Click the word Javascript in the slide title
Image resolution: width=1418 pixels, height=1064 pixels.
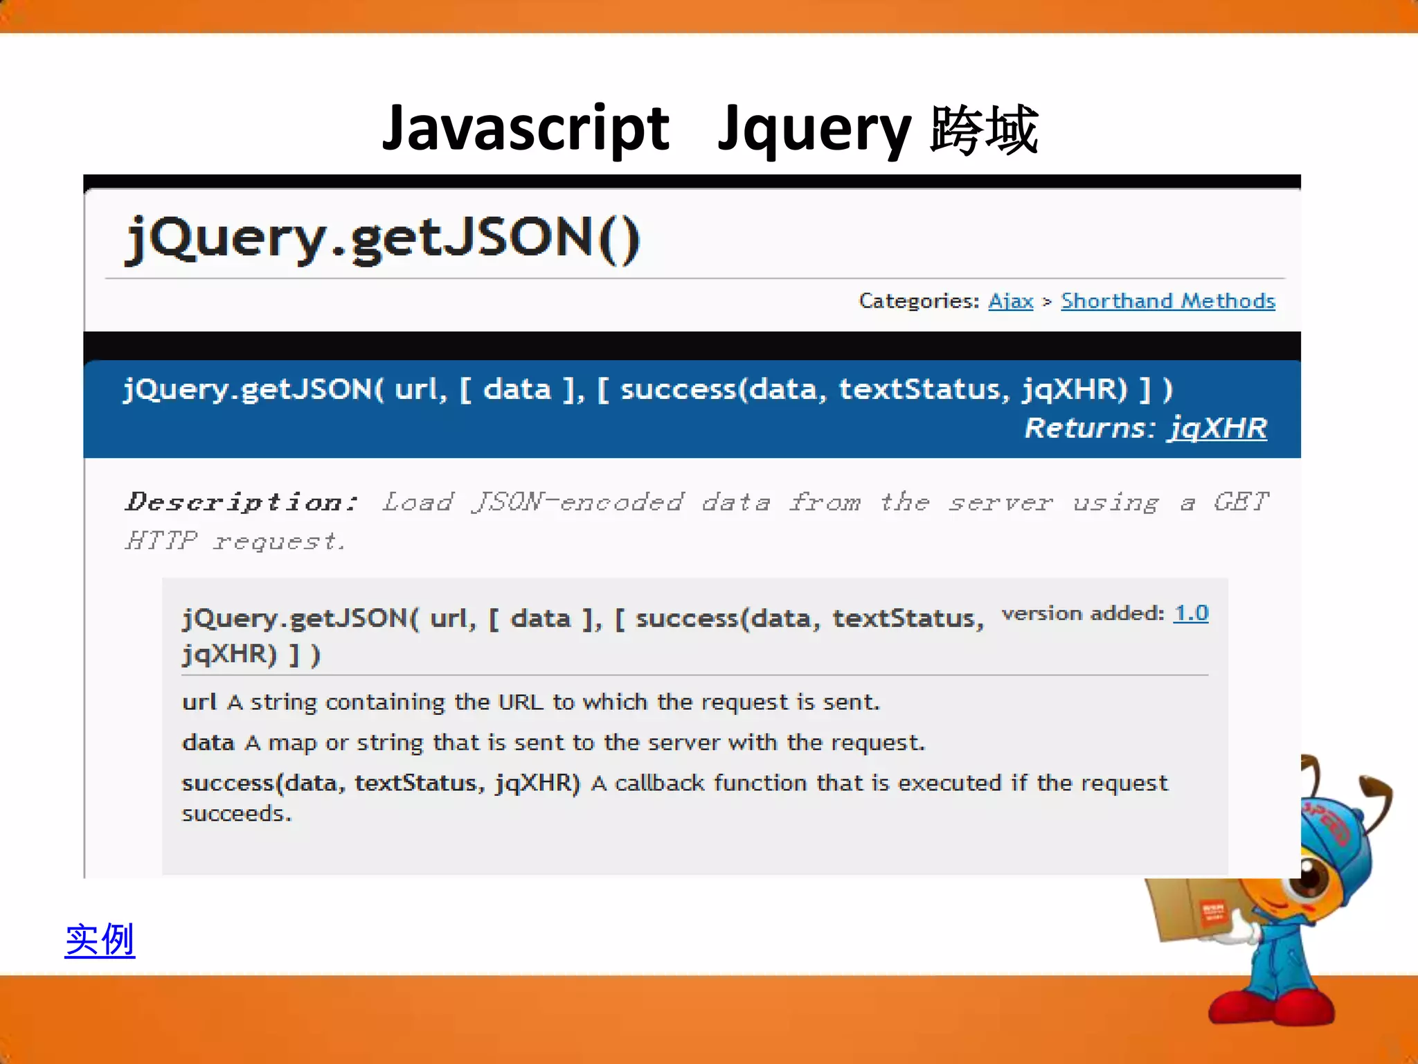coord(526,130)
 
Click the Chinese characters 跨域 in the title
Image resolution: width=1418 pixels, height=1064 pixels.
coord(984,130)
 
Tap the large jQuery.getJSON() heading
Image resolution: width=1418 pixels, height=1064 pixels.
coord(383,239)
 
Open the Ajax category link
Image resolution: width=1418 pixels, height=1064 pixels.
coord(1010,301)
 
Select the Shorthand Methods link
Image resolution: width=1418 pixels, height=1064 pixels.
coord(1167,301)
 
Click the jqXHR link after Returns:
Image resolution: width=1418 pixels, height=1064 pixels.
coord(1217,428)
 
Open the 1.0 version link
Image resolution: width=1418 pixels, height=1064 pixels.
coord(1191,613)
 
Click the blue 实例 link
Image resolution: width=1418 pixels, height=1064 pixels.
coord(100,940)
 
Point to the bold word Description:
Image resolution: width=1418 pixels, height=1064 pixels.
coord(242,502)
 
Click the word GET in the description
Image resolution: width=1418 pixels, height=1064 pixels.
coord(1241,502)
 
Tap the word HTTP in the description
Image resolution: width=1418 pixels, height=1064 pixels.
coord(161,540)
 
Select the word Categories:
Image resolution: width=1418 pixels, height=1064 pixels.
coord(919,301)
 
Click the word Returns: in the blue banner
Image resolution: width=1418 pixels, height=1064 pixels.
coord(1090,428)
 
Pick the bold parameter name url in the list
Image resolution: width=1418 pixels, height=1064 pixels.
coord(199,702)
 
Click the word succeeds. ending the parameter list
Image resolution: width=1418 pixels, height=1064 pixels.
coord(237,813)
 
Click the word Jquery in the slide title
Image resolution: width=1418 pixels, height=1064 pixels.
coord(815,130)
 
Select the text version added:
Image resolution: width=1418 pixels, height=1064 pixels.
coord(1083,613)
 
